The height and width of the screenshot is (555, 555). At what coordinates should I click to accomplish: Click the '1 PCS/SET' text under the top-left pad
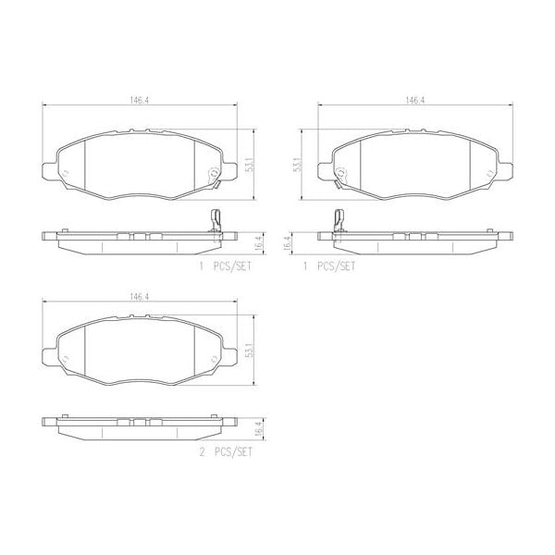(x=224, y=265)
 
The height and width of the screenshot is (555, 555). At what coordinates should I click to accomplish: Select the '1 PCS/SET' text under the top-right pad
(x=329, y=265)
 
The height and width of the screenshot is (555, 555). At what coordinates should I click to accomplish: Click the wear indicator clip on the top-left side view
(x=215, y=225)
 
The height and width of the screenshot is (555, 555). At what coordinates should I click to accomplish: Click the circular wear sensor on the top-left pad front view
(x=211, y=172)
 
